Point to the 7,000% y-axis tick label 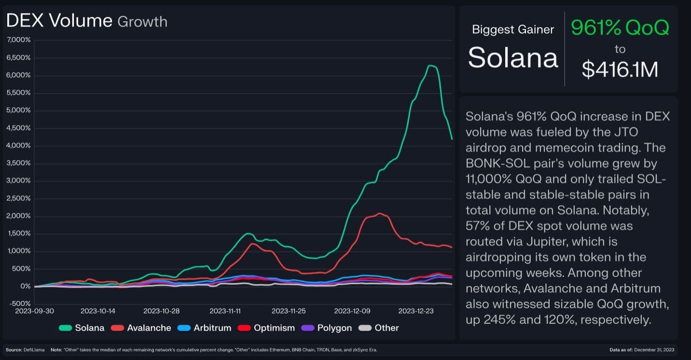(19, 40)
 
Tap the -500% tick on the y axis (19, 304)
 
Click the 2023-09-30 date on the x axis (35, 311)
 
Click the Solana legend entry (82, 328)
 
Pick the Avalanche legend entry (141, 328)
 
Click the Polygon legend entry (327, 328)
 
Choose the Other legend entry (379, 328)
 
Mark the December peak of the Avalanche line (380, 213)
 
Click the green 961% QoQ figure (620, 28)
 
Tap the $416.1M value (620, 69)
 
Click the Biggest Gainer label (513, 29)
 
